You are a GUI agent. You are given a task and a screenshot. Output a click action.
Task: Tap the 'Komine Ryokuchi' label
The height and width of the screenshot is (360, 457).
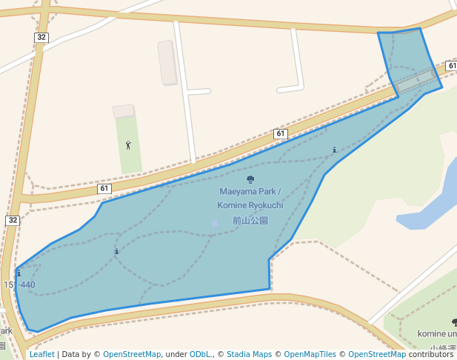(x=250, y=205)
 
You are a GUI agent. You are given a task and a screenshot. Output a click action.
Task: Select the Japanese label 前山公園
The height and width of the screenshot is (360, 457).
(x=250, y=220)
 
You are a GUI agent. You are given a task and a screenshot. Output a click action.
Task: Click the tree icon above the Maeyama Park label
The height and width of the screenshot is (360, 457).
(x=250, y=179)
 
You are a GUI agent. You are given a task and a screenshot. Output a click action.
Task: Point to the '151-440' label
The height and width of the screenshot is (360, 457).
(x=19, y=285)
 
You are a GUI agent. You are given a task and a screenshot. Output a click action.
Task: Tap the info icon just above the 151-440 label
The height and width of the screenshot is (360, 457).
(x=18, y=274)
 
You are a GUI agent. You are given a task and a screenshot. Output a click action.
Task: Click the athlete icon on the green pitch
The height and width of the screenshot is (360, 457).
(x=128, y=145)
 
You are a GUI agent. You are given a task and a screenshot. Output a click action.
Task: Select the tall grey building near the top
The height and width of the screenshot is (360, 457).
(x=167, y=62)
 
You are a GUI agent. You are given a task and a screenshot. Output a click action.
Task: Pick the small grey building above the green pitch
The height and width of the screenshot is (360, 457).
(x=123, y=111)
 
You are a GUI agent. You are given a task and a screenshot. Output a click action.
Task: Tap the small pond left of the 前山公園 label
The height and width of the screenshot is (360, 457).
(x=215, y=223)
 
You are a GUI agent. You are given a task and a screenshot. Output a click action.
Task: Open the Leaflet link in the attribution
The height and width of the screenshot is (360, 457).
(x=42, y=354)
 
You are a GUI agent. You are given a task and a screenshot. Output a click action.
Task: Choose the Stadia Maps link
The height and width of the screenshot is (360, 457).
(x=249, y=354)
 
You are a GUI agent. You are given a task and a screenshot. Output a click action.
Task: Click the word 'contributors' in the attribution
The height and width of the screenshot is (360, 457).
(x=430, y=354)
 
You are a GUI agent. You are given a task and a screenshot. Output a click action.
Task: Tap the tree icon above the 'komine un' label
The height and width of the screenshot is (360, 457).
(x=454, y=322)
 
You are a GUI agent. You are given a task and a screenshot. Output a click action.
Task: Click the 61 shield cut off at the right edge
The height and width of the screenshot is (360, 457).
(x=451, y=66)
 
